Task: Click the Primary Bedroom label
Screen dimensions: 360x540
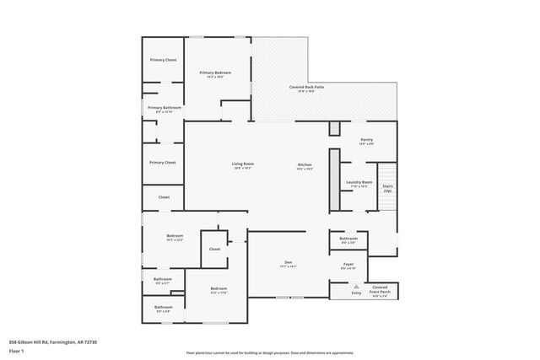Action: tap(215, 75)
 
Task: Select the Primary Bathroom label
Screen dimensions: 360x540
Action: tap(165, 110)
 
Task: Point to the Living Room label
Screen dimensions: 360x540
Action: tap(243, 165)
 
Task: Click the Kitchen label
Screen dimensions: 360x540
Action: tap(305, 165)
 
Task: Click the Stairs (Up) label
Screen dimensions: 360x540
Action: tap(387, 189)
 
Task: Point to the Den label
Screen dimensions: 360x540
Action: tap(288, 264)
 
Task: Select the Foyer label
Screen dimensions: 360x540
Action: tap(348, 266)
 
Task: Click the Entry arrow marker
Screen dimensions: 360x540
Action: tap(356, 286)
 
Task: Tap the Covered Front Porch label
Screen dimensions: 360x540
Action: tap(380, 289)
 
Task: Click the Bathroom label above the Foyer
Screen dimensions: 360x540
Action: tap(348, 239)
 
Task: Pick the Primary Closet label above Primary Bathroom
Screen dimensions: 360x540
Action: tap(163, 60)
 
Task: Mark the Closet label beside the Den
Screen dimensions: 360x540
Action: tap(214, 249)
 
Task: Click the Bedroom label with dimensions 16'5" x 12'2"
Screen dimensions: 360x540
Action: tap(175, 237)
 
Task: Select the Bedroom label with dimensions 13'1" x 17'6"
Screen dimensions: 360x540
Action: tap(219, 291)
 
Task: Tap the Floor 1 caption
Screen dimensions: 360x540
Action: tap(16, 350)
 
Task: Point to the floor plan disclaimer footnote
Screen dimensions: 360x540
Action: tap(270, 352)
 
